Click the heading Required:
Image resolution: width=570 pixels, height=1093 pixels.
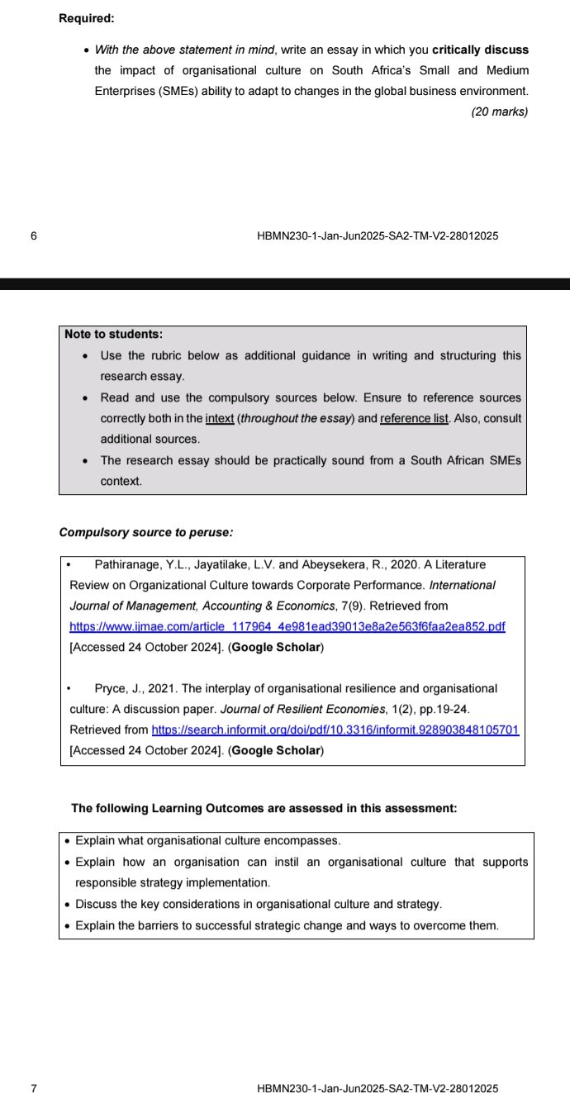coord(87,18)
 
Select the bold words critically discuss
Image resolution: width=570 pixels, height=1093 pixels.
coord(480,50)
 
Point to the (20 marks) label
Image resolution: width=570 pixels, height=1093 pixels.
coord(499,112)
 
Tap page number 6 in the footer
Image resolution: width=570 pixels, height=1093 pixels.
coord(33,236)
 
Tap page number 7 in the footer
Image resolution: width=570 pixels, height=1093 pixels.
coord(33,1088)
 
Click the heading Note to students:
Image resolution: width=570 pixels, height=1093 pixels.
coord(113,334)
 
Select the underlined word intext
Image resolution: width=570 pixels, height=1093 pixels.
coord(220,418)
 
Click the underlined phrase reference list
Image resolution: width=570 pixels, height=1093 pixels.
coord(414,418)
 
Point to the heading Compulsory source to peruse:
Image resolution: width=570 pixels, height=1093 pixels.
coord(145,532)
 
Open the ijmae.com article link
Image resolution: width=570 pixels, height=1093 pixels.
coord(287,626)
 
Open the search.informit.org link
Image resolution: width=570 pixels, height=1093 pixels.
coord(335,729)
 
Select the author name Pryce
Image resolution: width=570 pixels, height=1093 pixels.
coord(110,688)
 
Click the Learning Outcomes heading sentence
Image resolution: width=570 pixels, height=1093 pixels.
coord(264,808)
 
